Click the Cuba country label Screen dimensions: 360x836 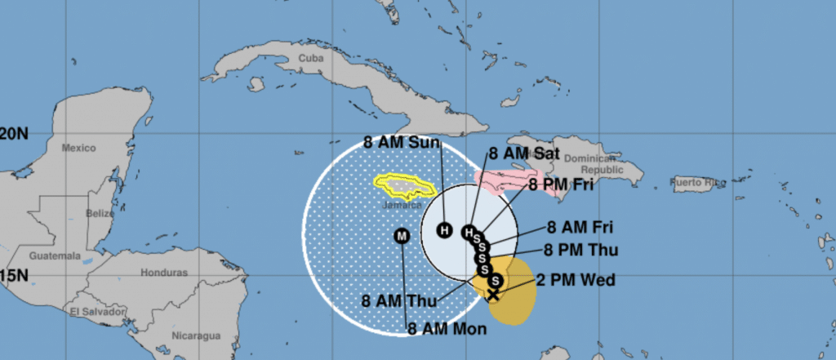309,58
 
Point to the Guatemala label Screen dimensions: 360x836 48,256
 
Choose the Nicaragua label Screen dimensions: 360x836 196,336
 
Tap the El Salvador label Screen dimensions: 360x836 96,312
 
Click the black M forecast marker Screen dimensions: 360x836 401,236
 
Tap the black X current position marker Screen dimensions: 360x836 492,295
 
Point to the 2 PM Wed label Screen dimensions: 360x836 576,281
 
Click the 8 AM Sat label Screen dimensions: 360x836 524,153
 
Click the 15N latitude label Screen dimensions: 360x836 14,274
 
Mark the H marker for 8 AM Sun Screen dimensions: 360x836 443,229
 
